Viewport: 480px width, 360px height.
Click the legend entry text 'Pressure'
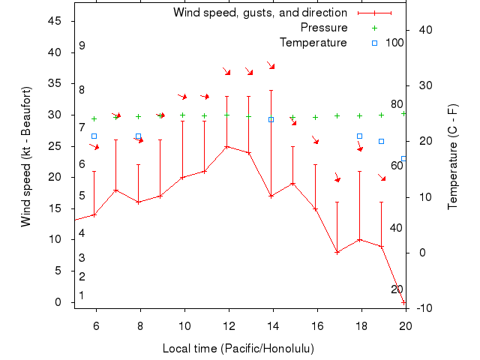(323, 28)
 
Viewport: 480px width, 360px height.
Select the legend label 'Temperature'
(313, 43)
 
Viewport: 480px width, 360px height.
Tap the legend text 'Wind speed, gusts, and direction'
(259, 13)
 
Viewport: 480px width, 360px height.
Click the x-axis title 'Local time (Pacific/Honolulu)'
(238, 349)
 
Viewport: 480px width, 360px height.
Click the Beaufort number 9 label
(82, 46)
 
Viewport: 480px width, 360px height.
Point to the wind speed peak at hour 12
(226, 146)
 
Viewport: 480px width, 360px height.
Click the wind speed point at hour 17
(337, 252)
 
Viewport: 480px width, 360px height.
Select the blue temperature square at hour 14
(271, 119)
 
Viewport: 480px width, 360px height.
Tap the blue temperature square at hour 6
(94, 136)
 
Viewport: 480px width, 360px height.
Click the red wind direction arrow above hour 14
(271, 66)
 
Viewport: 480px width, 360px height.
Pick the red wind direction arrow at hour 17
(337, 178)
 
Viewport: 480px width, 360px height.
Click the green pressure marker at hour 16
(315, 117)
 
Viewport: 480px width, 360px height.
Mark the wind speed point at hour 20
(403, 302)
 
